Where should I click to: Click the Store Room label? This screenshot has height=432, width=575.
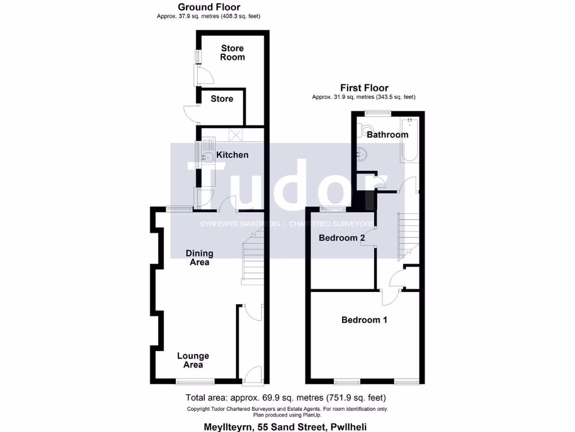tap(232, 52)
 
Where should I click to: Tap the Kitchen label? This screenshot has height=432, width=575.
tap(232, 155)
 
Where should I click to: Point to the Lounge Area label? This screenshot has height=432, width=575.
tap(193, 360)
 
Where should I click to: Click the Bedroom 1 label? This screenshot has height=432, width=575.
tap(364, 319)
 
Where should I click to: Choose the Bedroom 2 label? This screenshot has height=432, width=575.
tap(341, 238)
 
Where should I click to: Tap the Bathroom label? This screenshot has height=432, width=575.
tap(387, 135)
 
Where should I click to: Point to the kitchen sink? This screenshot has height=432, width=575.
tap(206, 157)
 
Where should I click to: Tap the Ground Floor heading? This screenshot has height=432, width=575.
tap(209, 7)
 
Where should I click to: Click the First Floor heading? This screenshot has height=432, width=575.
tap(364, 88)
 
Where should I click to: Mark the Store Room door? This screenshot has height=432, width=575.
tap(202, 74)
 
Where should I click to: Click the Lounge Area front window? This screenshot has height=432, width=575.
tap(194, 381)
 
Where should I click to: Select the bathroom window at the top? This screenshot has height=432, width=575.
tap(377, 112)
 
